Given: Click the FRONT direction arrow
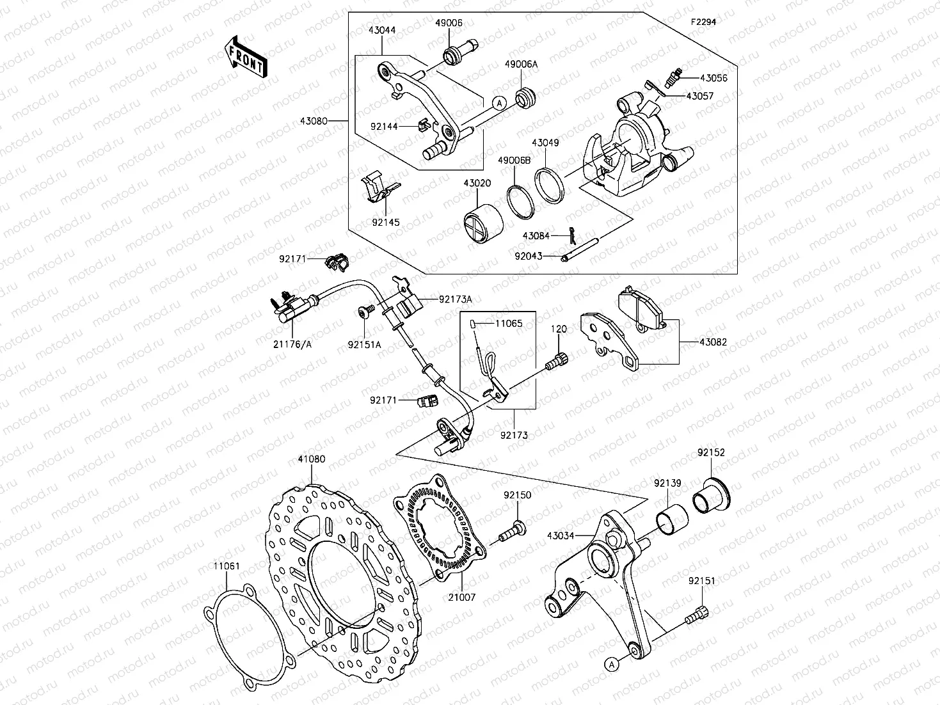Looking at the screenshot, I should [x=246, y=56].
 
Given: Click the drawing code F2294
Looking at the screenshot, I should [x=703, y=22].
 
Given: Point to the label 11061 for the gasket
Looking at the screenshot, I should [x=227, y=566].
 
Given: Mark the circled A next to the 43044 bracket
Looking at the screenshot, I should [x=500, y=102].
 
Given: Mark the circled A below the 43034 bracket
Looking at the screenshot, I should [x=612, y=664].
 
